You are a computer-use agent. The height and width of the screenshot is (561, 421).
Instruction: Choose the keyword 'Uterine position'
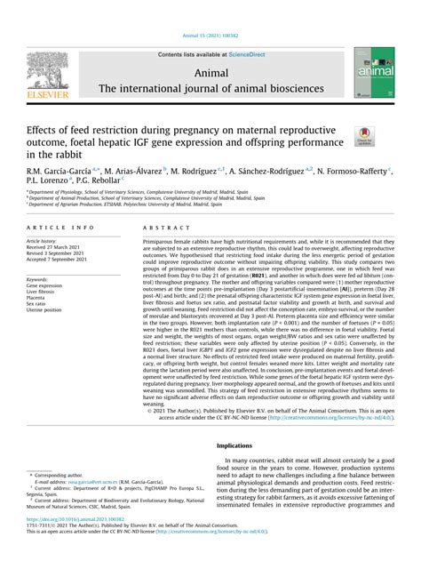pyautogui.click(x=48, y=309)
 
